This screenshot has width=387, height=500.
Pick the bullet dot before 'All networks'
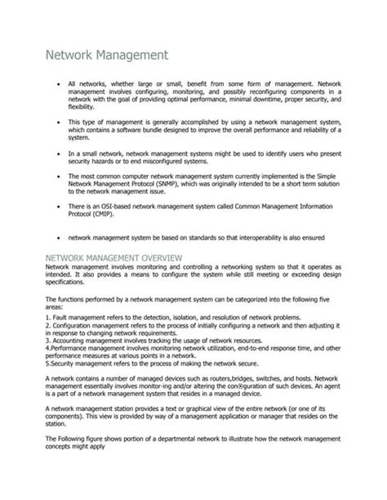[55, 84]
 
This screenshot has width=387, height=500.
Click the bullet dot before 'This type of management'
[55, 121]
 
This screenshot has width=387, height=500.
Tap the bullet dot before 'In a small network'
[55, 152]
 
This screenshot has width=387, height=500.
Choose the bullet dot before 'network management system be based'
[55, 238]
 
